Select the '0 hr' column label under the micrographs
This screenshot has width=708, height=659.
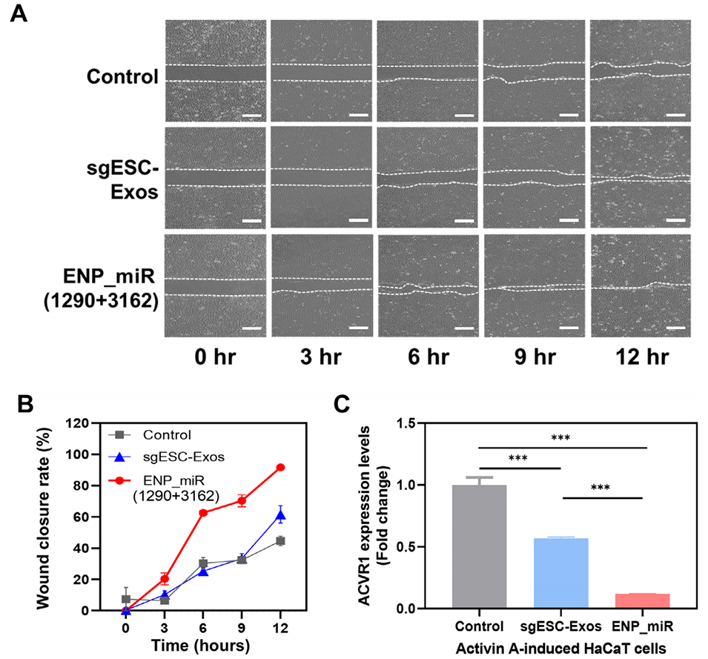pyautogui.click(x=215, y=357)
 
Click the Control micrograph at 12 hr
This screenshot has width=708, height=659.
pyautogui.click(x=641, y=70)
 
